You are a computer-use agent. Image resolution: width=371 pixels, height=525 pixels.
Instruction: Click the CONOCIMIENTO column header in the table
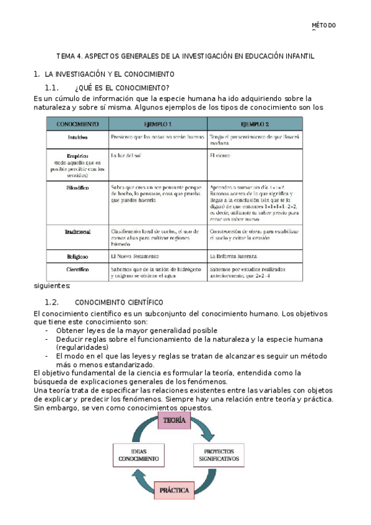click(77, 123)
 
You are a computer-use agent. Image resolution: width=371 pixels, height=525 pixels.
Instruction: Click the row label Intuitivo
click(77, 137)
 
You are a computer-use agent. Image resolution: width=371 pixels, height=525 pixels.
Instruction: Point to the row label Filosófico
click(77, 186)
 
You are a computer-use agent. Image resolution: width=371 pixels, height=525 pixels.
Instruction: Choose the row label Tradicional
click(77, 232)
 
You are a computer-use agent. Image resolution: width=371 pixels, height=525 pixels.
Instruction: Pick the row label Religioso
click(77, 256)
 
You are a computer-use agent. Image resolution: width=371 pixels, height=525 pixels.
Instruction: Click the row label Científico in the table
click(77, 270)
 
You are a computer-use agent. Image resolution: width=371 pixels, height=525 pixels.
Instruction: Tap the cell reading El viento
click(220, 155)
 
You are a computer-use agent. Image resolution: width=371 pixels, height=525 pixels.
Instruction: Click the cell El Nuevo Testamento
click(134, 256)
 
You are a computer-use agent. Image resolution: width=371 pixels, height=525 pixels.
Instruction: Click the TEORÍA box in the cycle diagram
click(175, 422)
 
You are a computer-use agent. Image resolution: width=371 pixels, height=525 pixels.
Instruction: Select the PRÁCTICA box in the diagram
click(174, 490)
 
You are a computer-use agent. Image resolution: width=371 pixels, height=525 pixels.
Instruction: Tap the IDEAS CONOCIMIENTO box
click(139, 455)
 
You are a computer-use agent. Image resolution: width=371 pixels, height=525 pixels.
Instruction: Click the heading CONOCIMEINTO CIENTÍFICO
click(118, 302)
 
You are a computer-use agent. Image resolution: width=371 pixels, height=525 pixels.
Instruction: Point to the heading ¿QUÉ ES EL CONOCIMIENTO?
click(121, 87)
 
